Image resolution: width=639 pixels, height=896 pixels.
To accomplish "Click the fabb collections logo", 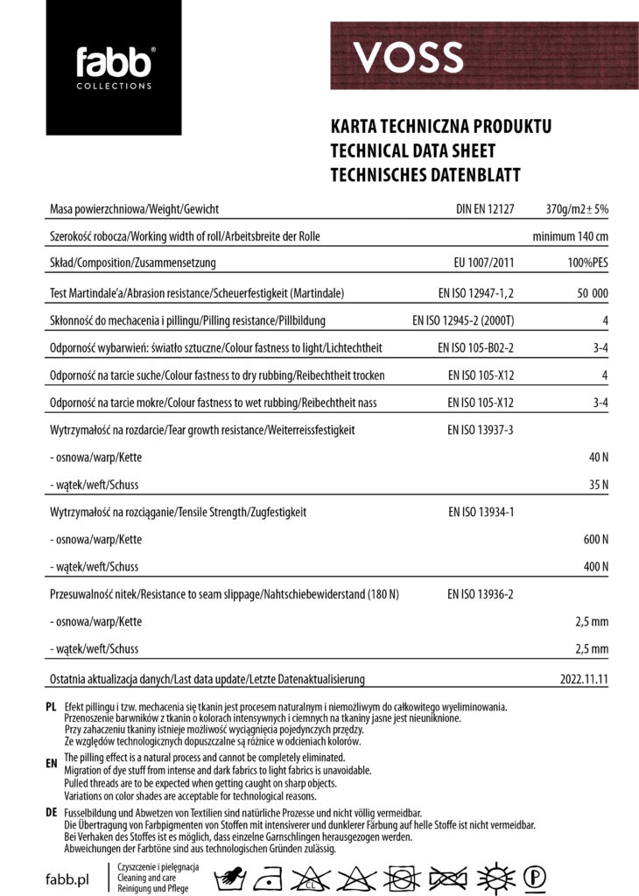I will point(114,67).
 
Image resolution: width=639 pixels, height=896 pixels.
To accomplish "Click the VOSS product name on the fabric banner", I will point(408,58).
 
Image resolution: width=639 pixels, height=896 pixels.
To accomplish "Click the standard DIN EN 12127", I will point(485,209).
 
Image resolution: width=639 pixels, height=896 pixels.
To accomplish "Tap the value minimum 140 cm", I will point(570,237).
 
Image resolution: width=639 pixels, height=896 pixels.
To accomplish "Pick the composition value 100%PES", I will point(587,263).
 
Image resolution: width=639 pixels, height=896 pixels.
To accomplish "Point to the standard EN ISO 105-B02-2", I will point(475,348).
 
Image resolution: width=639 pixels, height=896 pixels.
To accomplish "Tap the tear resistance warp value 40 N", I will point(598,457).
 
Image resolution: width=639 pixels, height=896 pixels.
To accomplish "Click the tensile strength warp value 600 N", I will point(595,539).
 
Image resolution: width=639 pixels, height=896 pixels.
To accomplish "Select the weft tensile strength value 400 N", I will point(595,566).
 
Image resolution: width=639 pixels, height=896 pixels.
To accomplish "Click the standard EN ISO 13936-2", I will point(481,594).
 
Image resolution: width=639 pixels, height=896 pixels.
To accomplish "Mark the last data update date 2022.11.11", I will point(584,679).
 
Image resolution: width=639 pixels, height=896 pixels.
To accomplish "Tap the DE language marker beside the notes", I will point(51,813).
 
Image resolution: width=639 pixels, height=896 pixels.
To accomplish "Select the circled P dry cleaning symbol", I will point(535,875).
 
